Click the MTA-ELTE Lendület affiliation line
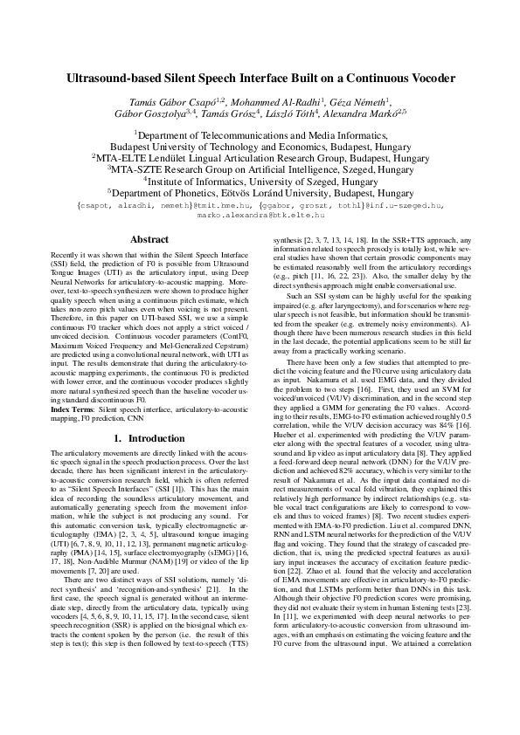click(x=260, y=159)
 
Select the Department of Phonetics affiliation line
click(x=260, y=193)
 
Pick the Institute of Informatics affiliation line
click(x=260, y=182)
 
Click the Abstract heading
click(x=149, y=239)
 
